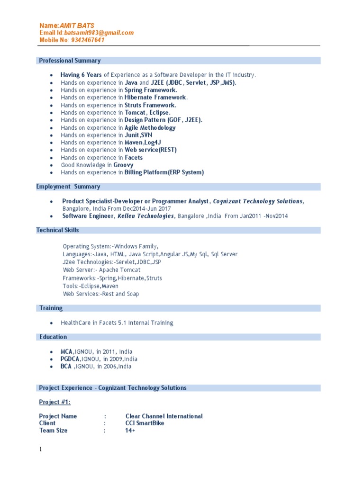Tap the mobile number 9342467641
[x=88, y=40]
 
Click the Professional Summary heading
[x=70, y=61]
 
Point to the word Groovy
[x=123, y=165]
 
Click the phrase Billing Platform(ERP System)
[x=164, y=172]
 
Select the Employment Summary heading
[x=68, y=187]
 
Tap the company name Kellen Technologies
[x=146, y=216]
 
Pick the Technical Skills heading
[x=58, y=230]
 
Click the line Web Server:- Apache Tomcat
[x=91, y=270]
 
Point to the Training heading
[x=51, y=308]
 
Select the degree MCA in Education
[x=66, y=351]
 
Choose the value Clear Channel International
[x=164, y=416]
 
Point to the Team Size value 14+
[x=130, y=431]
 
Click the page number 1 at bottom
[x=40, y=449]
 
